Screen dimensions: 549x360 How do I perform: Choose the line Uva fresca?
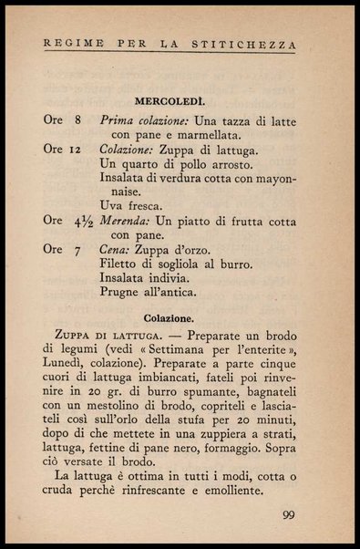tap(131, 205)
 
